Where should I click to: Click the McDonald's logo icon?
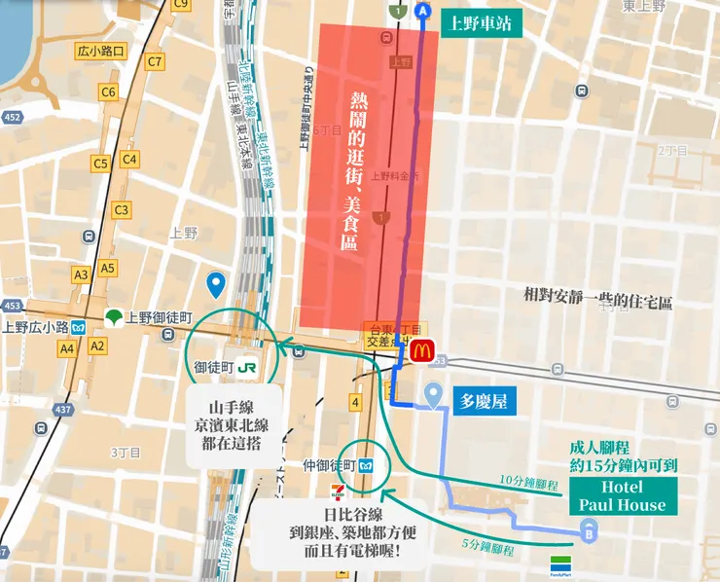pyautogui.click(x=421, y=351)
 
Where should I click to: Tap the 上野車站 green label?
pyautogui.click(x=481, y=22)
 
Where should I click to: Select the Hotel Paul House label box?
pyautogui.click(x=623, y=495)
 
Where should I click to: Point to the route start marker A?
pyautogui.click(x=422, y=11)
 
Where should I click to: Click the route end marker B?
pyautogui.click(x=588, y=530)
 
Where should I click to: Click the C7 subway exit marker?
pyautogui.click(x=154, y=62)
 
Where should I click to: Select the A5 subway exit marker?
pyautogui.click(x=107, y=268)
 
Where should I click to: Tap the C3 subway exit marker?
pyautogui.click(x=122, y=209)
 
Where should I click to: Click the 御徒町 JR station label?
pyautogui.click(x=231, y=368)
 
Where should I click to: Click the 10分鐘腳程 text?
pyautogui.click(x=525, y=481)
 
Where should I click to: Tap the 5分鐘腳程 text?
pyautogui.click(x=488, y=549)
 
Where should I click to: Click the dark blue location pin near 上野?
pyautogui.click(x=217, y=285)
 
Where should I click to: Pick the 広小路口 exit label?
pyautogui.click(x=99, y=51)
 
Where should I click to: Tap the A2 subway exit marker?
pyautogui.click(x=97, y=346)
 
